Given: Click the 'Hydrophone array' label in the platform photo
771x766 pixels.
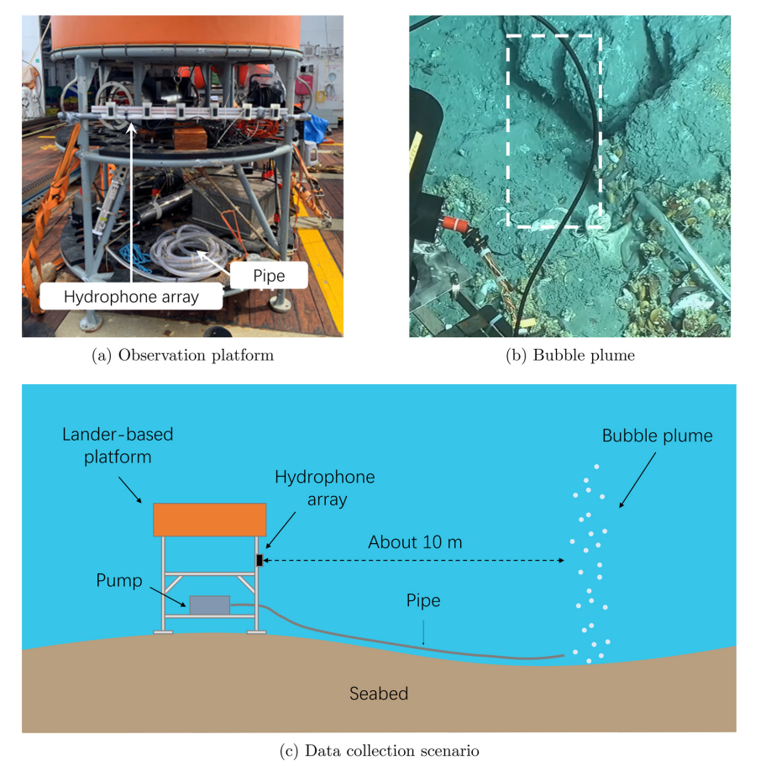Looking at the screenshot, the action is (x=131, y=296).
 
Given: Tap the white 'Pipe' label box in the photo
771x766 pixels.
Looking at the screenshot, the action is (x=269, y=275).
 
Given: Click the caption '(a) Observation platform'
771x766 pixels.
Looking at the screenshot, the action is (x=182, y=355).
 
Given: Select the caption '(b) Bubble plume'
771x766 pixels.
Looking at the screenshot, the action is (x=570, y=355).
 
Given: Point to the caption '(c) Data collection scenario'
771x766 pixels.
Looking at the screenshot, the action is (x=379, y=751).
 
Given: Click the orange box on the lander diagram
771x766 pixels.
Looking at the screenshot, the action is (x=210, y=520).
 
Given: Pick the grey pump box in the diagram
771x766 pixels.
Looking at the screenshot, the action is (x=210, y=605).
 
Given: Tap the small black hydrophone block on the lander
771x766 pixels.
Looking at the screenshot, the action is (x=260, y=560).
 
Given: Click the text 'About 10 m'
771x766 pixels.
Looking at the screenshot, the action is (x=415, y=542).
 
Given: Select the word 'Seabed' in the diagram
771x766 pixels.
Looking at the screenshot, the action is (x=379, y=693).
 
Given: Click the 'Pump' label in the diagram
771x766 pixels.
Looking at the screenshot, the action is (x=119, y=580).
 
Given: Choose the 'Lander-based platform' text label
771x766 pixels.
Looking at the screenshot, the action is (x=118, y=446).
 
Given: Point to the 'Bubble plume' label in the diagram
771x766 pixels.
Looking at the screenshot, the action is (x=658, y=436).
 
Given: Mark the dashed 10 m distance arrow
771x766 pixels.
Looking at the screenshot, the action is (x=413, y=560).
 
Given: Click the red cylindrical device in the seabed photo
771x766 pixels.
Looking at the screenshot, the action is (x=455, y=225).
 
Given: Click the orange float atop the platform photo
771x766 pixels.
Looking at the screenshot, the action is (x=176, y=32).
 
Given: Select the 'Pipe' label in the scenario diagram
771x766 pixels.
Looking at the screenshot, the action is (x=422, y=600).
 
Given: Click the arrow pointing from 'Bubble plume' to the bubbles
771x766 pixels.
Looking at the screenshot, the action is (x=637, y=480).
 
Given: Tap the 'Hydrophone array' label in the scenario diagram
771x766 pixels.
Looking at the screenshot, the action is (x=325, y=488).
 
